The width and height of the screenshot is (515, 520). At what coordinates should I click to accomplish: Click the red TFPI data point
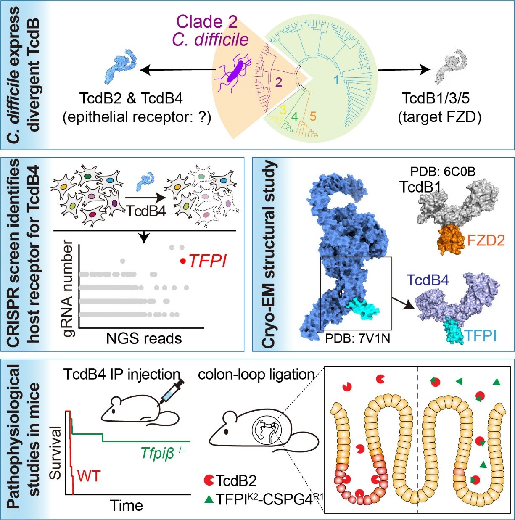[182, 261]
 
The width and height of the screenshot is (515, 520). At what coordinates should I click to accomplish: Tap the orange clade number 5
[312, 116]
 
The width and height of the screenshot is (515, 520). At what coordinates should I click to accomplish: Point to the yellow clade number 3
[283, 110]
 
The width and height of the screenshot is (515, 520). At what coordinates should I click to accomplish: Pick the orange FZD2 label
[486, 240]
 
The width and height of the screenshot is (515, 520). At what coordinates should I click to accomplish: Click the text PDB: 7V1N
[357, 338]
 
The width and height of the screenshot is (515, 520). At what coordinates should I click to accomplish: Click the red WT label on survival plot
[89, 476]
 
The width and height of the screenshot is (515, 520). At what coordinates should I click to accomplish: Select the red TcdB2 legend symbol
[209, 480]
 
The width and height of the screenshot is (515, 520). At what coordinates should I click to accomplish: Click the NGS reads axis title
[144, 338]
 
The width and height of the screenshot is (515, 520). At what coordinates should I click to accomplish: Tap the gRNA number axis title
[68, 290]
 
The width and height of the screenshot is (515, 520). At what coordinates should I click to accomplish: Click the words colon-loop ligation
[256, 374]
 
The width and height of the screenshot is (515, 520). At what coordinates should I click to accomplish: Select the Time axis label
[126, 505]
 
